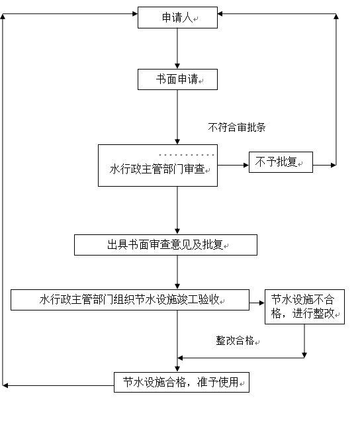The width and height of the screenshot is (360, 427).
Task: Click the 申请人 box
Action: pyautogui.click(x=177, y=17)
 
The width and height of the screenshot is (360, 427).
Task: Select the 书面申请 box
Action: pyautogui.click(x=177, y=79)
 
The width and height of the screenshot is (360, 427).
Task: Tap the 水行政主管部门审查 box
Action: pyautogui.click(x=157, y=166)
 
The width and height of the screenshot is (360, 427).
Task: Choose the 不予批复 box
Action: pyautogui.click(x=281, y=162)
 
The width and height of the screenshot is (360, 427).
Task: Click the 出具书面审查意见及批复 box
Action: pyautogui.click(x=165, y=245)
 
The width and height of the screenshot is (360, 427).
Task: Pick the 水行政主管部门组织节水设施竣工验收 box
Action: pyautogui.click(x=130, y=300)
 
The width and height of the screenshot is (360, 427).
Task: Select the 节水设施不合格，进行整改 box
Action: pyautogui.click(x=304, y=307)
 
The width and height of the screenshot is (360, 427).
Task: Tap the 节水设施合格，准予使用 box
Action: pyautogui.click(x=181, y=382)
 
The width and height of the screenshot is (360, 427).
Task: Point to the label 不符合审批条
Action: pyautogui.click(x=237, y=127)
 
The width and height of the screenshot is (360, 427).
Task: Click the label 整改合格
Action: pyautogui.click(x=235, y=340)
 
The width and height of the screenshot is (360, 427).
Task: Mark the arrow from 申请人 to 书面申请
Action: pyautogui.click(x=177, y=48)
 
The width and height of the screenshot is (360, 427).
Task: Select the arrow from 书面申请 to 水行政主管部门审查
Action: pyautogui.click(x=177, y=117)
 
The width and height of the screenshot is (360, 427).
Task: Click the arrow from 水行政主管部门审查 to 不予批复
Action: pyautogui.click(x=233, y=165)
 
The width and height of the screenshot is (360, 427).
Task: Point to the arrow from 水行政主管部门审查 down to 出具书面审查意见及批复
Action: pyautogui.click(x=177, y=211)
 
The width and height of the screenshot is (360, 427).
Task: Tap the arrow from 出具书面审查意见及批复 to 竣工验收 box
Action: pyautogui.click(x=177, y=272)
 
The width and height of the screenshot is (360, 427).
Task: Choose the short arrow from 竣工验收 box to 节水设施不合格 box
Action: pyautogui.click(x=257, y=303)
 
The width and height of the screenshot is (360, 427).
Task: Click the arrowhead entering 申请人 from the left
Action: pyautogui.click(x=135, y=14)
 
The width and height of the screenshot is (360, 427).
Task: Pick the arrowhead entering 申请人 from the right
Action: pyautogui.click(x=220, y=14)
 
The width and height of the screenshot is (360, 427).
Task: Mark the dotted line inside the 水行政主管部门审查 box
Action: pyautogui.click(x=187, y=155)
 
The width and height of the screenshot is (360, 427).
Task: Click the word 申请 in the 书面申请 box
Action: pyautogui.click(x=188, y=79)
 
